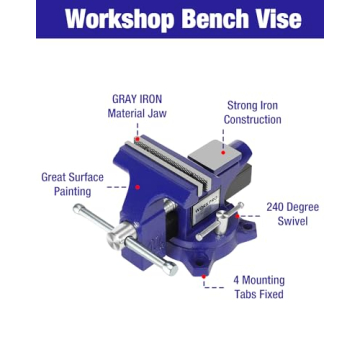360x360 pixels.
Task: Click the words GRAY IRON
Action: pyautogui.click(x=137, y=99)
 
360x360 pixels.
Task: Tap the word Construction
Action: pyautogui.click(x=252, y=120)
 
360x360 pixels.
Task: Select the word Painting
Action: pyautogui.click(x=72, y=191)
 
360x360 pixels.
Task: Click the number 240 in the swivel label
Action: pyautogui.click(x=277, y=207)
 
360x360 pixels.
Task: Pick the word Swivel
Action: pyautogui.click(x=292, y=221)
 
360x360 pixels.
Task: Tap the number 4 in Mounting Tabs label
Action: pyautogui.click(x=237, y=280)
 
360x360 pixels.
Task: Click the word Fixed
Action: pyautogui.click(x=271, y=294)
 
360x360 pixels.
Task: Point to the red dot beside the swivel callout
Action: pyautogui.click(x=239, y=213)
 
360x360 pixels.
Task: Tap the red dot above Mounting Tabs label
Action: pyautogui.click(x=204, y=275)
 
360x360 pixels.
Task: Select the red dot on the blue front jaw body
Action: pyautogui.click(x=138, y=186)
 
